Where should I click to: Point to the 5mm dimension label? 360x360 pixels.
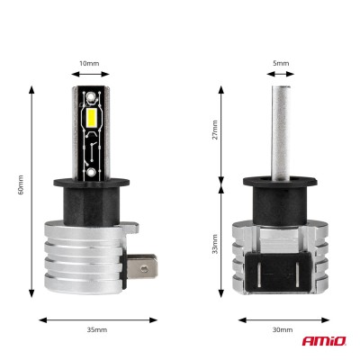[281, 63]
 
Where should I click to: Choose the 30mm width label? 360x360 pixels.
[282, 330]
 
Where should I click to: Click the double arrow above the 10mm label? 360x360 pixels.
[91, 76]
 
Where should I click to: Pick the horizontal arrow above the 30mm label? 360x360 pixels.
[282, 318]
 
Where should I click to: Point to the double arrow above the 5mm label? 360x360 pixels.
[281, 76]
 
